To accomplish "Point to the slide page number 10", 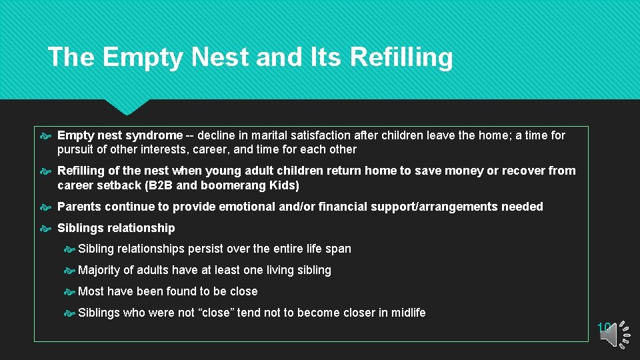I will click(604, 327).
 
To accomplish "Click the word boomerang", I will click(231, 185).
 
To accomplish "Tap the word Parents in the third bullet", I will click(79, 207).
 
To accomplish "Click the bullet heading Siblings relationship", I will click(116, 228).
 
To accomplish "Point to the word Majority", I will click(101, 270).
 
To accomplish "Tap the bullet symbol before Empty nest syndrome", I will click(46, 136).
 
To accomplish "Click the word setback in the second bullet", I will click(115, 185).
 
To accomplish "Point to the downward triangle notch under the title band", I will click(127, 107).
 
